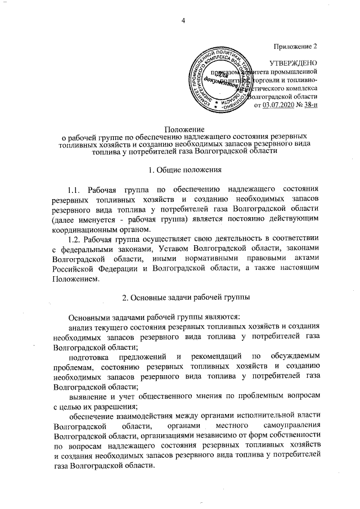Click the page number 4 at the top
tap(183, 21)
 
